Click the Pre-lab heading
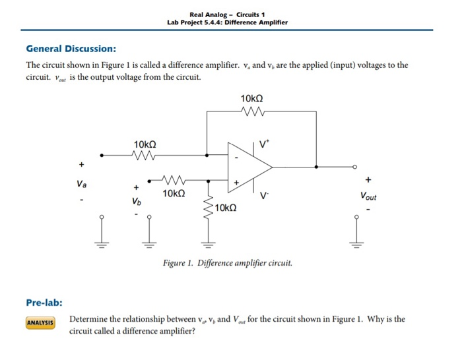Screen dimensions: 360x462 (x=44, y=303)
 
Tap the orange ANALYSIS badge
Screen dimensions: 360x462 (x=40, y=323)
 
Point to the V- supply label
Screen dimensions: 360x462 (x=265, y=195)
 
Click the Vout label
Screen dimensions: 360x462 (x=369, y=196)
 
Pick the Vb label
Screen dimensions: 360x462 (x=136, y=200)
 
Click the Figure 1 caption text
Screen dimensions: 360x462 (x=227, y=263)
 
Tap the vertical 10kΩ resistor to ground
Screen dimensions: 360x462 (x=209, y=208)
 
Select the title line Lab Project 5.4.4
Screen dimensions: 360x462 (x=228, y=22)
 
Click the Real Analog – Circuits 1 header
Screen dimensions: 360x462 (x=227, y=15)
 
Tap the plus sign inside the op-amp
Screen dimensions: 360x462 (x=235, y=179)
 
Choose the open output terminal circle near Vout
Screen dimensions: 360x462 (x=355, y=167)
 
